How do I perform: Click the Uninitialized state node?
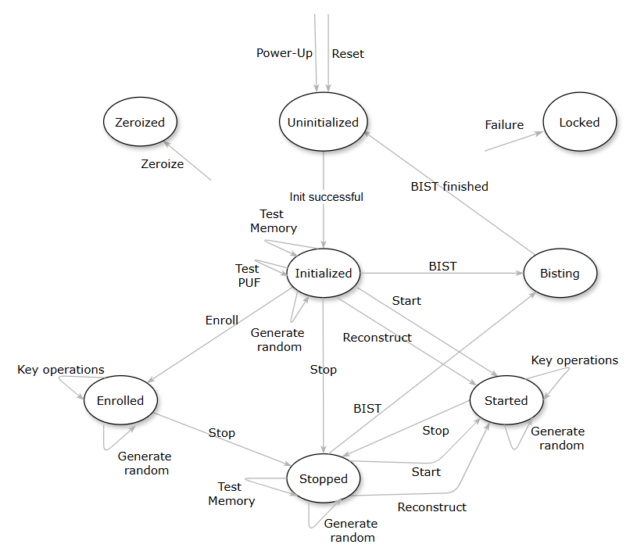323,122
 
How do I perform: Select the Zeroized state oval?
140,122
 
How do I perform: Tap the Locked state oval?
579,122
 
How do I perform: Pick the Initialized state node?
323,273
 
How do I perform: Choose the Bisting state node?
560,274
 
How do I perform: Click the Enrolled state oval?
120,400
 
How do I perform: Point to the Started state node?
506,400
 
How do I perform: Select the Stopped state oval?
323,478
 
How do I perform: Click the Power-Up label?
285,54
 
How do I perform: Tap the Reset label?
348,54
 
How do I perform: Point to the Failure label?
504,124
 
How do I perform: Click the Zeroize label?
163,164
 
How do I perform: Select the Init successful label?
327,197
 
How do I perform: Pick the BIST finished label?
449,186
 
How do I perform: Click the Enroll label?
222,320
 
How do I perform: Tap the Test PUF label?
249,276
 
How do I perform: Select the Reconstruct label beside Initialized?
378,337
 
